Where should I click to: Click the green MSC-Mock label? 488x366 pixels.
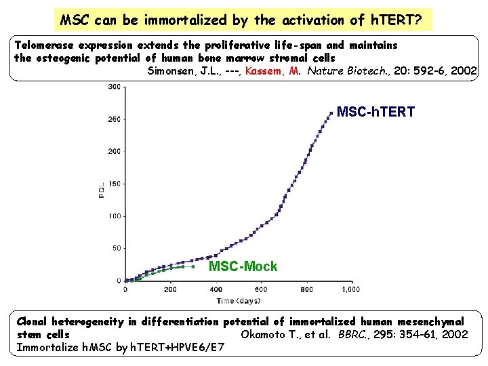(243, 266)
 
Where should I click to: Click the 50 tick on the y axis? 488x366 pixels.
(116, 249)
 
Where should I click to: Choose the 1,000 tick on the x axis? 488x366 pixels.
(350, 289)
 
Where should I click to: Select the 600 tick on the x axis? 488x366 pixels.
(305, 289)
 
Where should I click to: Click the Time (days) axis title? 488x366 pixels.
(239, 300)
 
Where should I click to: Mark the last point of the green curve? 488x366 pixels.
(193, 267)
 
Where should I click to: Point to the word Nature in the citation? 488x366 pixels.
(328, 70)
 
